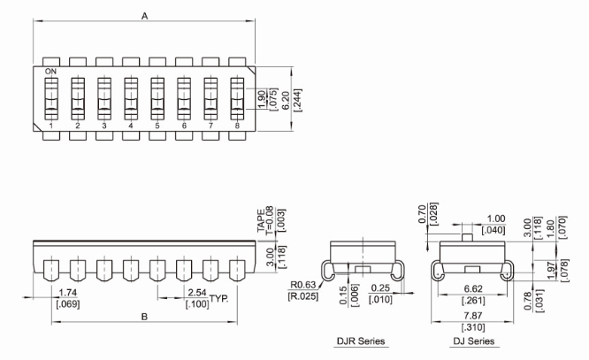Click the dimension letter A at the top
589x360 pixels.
[145, 15]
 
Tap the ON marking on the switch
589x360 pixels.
[50, 71]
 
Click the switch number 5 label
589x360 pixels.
[157, 126]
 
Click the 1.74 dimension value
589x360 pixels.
[65, 293]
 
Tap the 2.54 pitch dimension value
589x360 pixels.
[197, 293]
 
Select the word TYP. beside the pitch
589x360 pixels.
[218, 299]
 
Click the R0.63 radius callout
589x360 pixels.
[302, 284]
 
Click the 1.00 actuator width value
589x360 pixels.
[495, 218]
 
